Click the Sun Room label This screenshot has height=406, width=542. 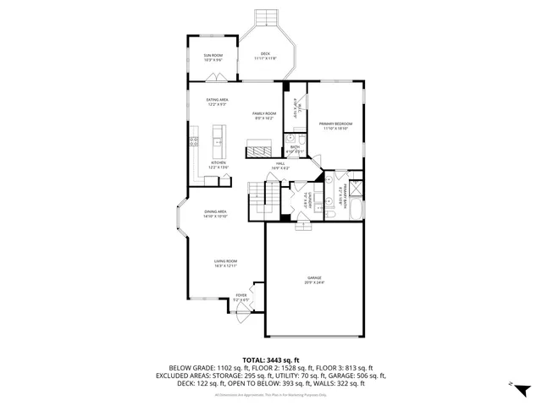213,58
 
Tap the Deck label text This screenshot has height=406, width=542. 264,56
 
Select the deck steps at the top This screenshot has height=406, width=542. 266,17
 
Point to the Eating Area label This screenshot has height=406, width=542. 218,102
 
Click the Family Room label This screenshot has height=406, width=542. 264,115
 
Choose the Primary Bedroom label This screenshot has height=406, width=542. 335,126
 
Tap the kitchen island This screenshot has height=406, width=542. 218,136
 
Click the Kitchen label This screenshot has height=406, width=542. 218,164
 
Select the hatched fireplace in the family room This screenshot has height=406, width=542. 257,151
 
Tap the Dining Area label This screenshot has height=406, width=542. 214,214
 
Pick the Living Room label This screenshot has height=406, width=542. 224,264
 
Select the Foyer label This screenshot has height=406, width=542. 241,297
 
